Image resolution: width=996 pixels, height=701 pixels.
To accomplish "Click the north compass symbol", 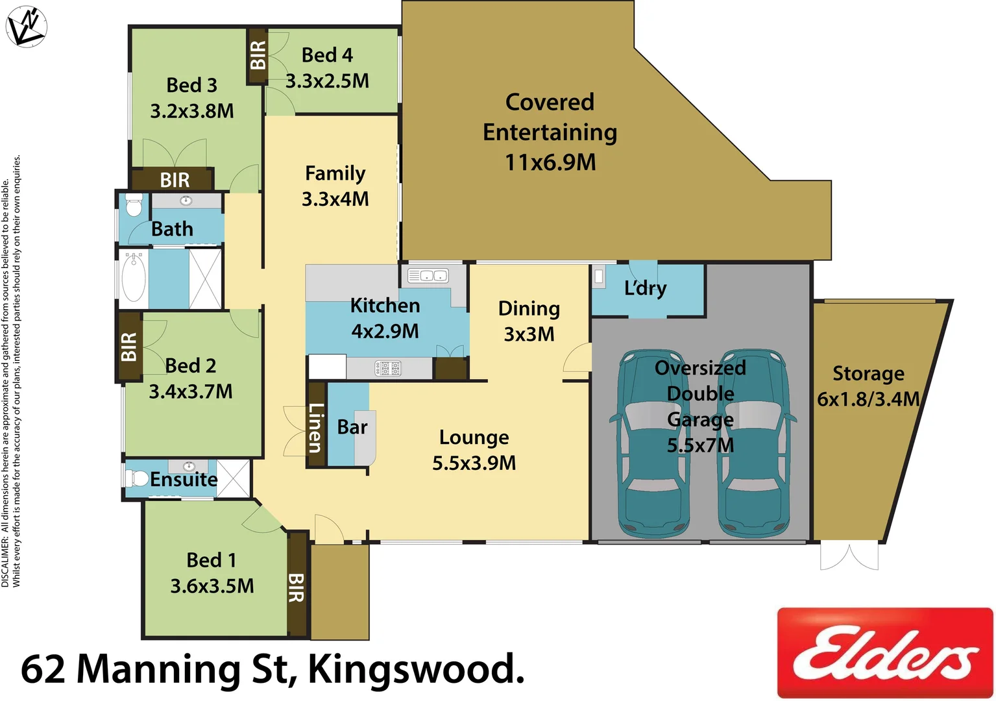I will (26, 27).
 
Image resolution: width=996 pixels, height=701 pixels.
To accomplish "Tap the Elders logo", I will (885, 653).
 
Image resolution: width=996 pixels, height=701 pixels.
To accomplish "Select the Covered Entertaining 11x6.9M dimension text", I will (550, 162).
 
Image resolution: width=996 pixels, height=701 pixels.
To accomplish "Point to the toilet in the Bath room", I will (134, 204).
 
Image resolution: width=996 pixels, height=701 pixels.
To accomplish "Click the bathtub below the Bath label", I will (134, 278).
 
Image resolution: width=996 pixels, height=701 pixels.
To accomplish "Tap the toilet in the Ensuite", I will (138, 479).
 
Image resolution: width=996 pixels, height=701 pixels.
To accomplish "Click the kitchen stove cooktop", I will (388, 369).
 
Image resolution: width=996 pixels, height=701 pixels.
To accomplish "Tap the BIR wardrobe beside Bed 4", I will (258, 56).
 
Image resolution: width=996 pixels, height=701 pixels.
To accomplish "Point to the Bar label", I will (352, 427).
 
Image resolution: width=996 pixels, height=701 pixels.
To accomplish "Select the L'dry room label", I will (645, 288).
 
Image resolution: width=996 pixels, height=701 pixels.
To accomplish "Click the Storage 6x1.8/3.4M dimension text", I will (868, 399).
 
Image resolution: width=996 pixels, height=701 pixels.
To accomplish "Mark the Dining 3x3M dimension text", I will (529, 334).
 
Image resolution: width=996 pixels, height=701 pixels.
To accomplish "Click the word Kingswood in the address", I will (415, 669).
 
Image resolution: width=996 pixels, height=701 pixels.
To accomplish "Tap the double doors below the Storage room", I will (849, 557).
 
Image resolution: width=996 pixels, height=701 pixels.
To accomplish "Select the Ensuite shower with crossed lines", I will (233, 479).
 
